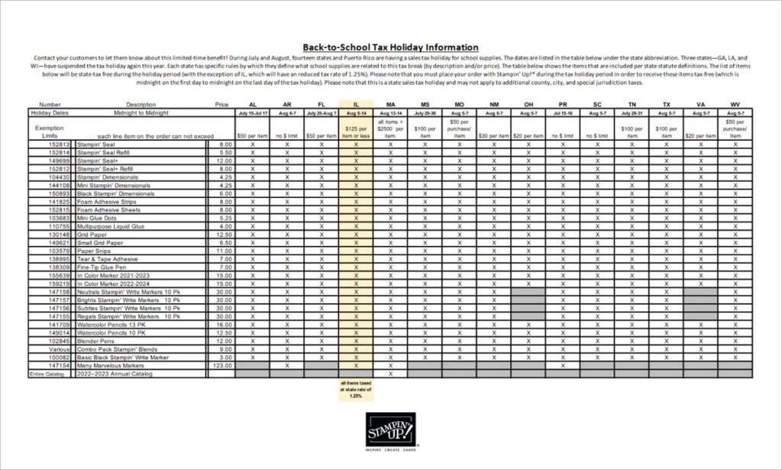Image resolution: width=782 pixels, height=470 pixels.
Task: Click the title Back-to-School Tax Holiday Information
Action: click(390, 47)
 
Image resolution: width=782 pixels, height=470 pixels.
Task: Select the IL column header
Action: click(356, 104)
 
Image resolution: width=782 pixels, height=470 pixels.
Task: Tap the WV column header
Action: click(735, 104)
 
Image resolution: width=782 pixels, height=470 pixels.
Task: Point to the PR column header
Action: click(563, 104)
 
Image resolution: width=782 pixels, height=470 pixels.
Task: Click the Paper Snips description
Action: click(95, 251)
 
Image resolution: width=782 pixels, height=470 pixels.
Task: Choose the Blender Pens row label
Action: click(95, 341)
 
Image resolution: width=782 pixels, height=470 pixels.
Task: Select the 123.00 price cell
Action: click(221, 366)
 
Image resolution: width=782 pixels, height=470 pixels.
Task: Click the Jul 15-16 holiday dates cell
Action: click(563, 112)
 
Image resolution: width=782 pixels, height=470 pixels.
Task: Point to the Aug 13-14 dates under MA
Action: click(390, 112)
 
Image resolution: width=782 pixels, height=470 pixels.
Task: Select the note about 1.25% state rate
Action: click(356, 389)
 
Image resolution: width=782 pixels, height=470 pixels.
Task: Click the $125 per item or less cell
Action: click(356, 131)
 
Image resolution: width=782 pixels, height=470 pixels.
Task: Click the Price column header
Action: click(221, 104)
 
